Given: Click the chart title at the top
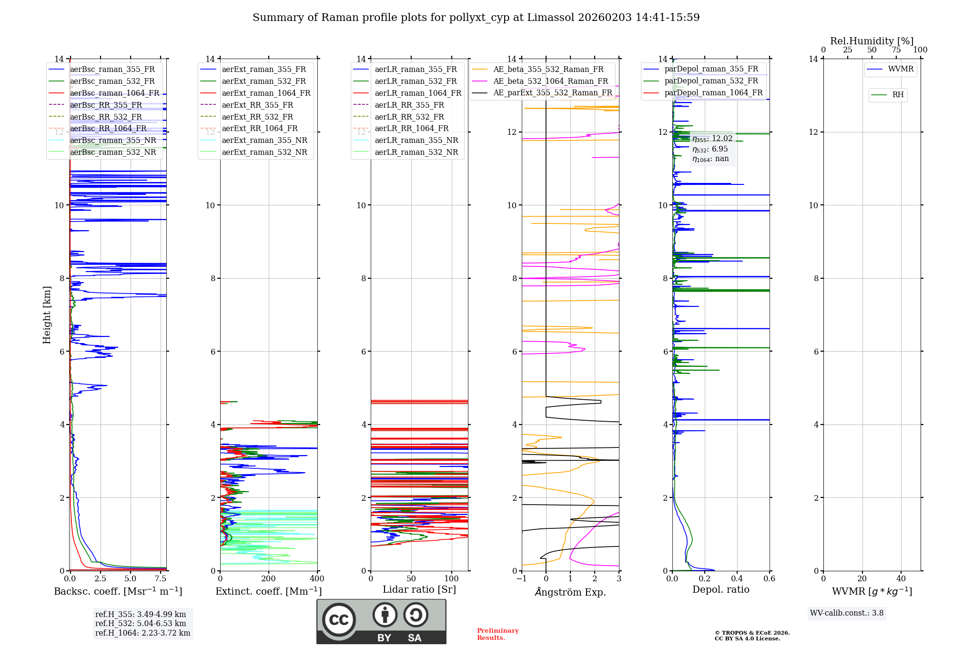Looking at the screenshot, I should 476,18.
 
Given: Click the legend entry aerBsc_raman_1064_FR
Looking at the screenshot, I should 114,93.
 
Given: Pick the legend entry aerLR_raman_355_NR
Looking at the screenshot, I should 416,141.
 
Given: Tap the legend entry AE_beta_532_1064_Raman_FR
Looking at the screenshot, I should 550,81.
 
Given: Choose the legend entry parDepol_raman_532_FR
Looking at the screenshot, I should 711,81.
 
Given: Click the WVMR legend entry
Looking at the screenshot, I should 901,69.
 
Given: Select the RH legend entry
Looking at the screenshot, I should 898,95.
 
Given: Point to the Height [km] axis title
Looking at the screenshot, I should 47,315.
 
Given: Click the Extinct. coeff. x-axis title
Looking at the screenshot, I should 269,591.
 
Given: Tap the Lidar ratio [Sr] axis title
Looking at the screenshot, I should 419,590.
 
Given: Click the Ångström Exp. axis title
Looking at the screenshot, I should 570,592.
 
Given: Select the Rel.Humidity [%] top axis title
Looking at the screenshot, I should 872,41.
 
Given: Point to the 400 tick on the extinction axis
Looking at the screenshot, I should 317,579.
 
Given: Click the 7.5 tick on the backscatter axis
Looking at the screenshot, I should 161,579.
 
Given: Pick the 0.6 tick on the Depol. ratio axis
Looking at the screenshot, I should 770,579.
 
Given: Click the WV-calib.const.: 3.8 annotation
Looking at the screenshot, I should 847,613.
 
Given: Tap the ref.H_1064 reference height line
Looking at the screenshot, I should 142,633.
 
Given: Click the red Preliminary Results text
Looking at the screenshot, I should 497,634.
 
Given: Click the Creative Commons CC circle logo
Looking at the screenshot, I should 339,620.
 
